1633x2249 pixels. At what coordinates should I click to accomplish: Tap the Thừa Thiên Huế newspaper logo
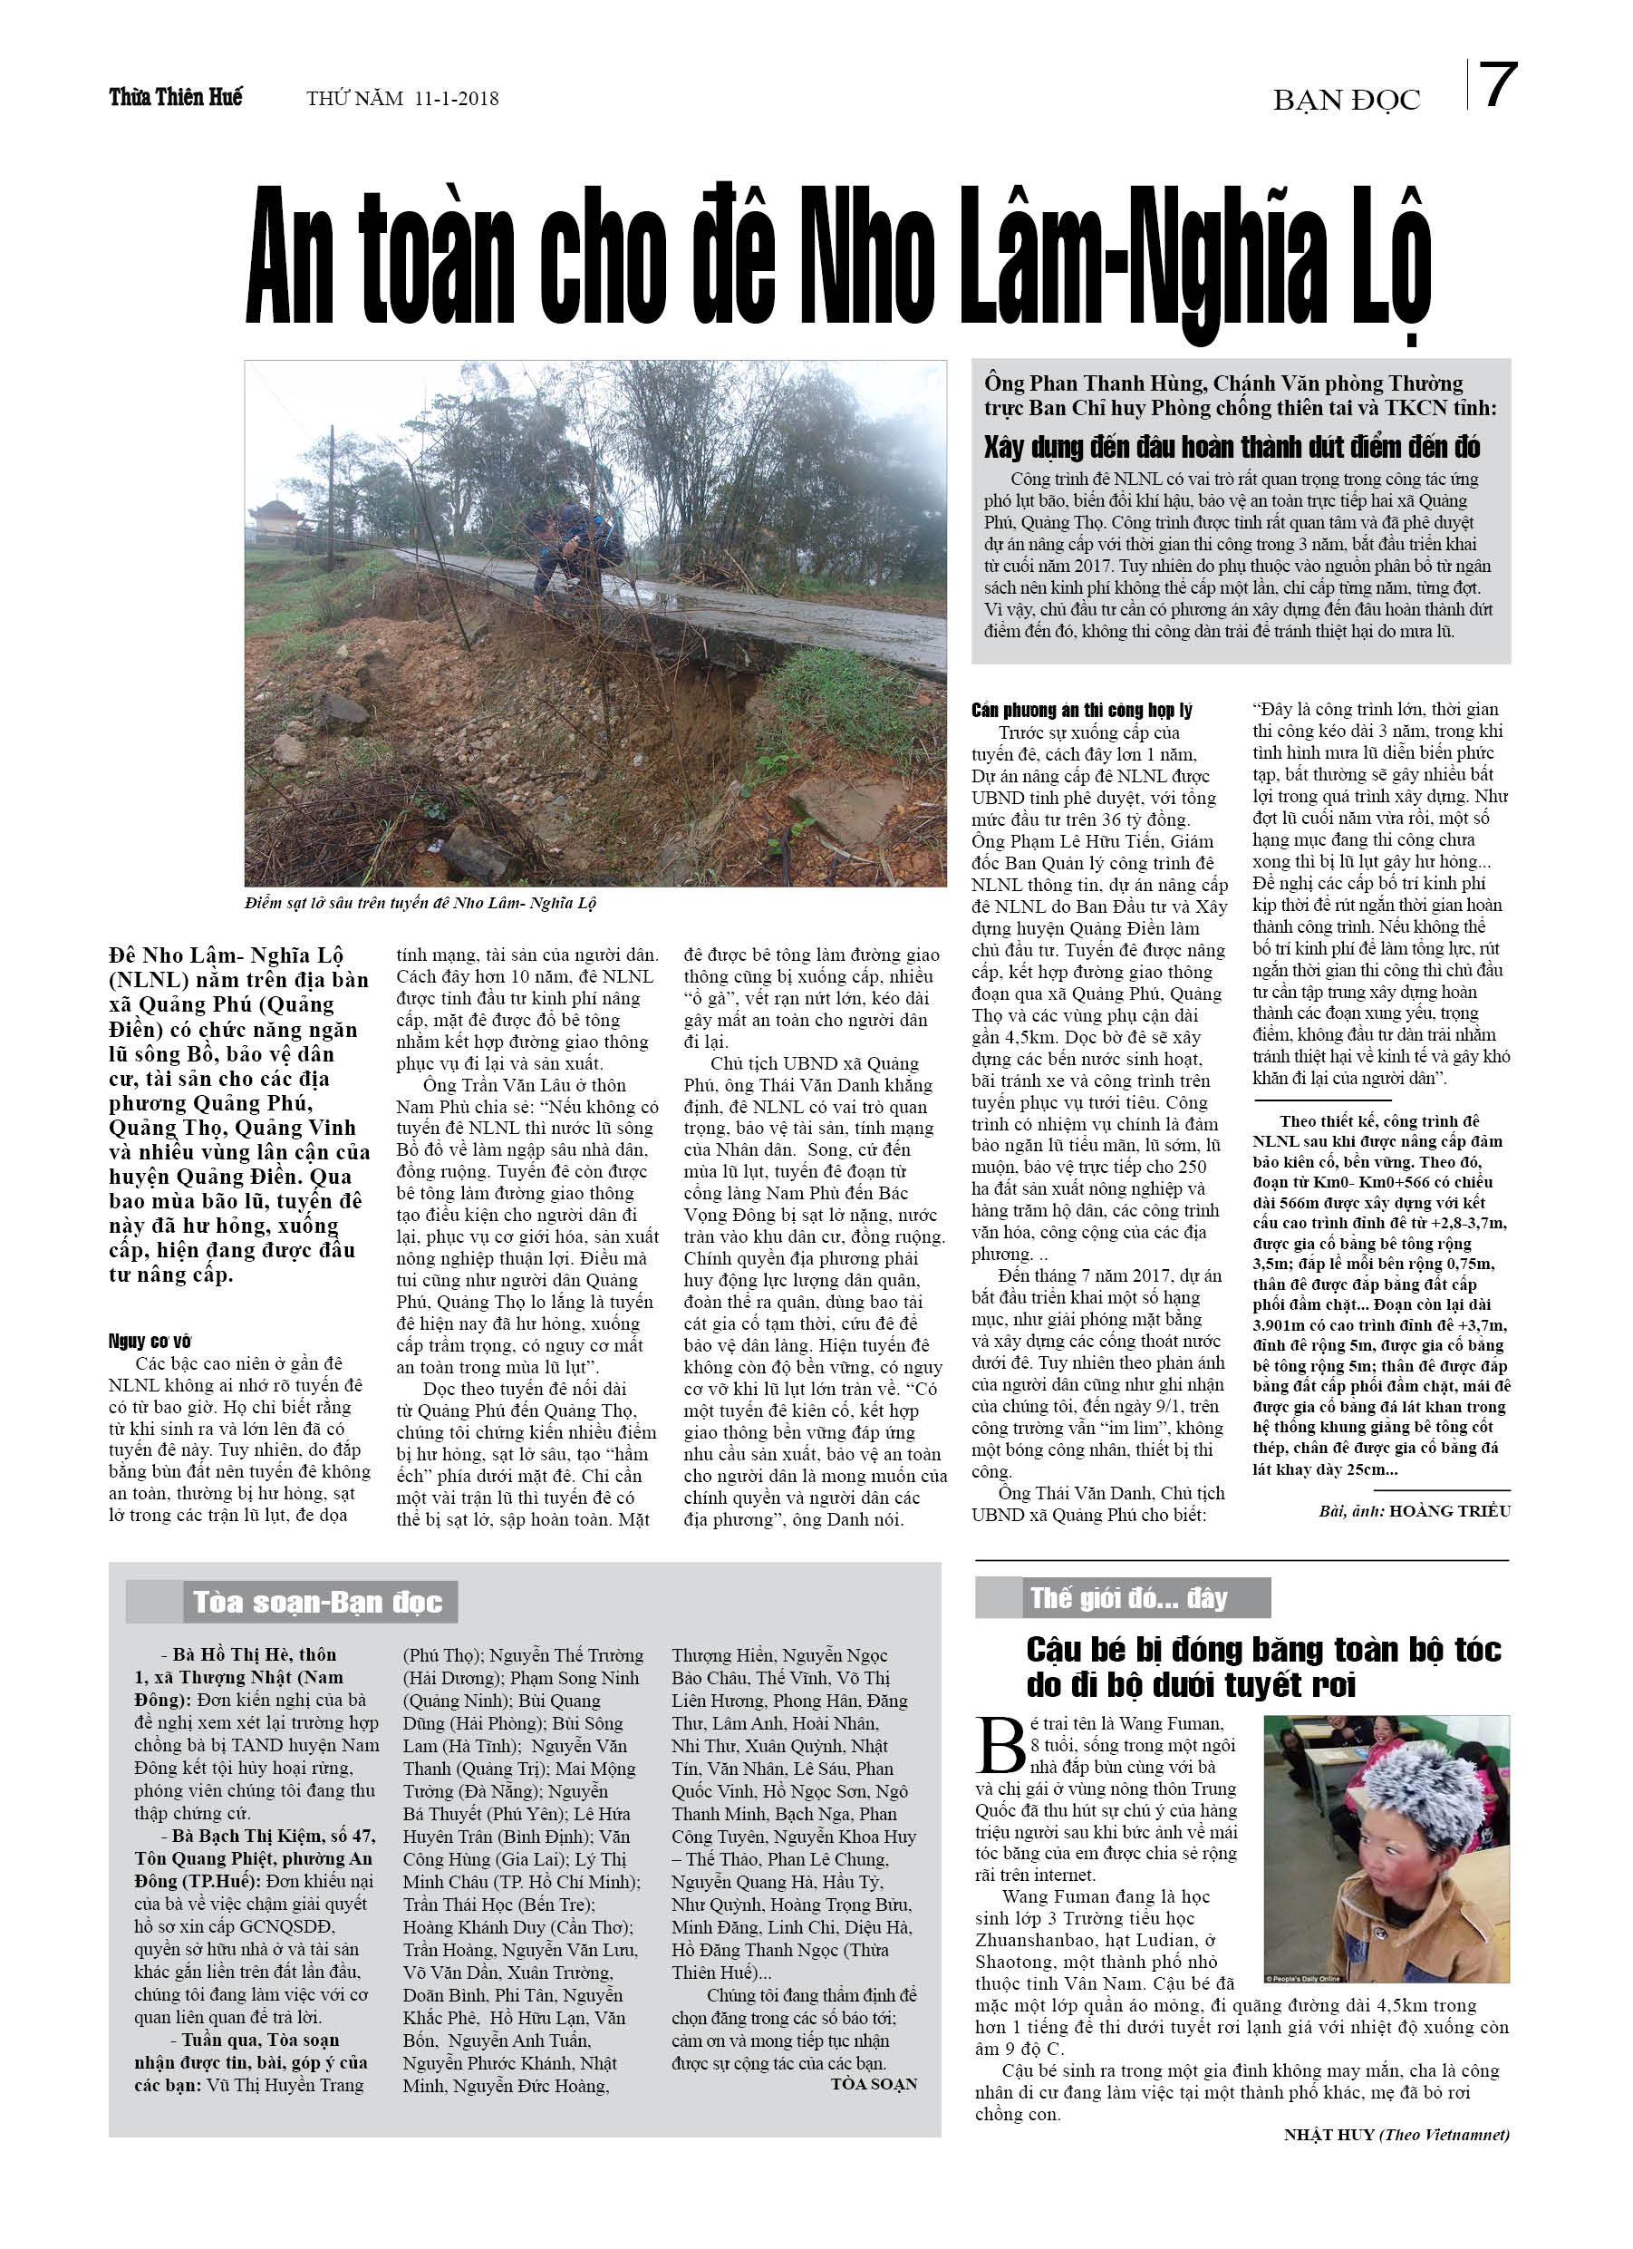pos(176,97)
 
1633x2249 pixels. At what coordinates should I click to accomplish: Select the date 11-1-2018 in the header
pos(457,98)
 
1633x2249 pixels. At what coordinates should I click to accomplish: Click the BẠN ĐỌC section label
pos(1346,100)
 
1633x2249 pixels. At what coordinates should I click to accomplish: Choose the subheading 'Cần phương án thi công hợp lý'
pos(1081,710)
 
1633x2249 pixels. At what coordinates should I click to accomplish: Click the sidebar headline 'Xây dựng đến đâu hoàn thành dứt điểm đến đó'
pos(1232,447)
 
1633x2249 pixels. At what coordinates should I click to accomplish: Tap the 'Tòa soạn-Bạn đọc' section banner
pos(316,1603)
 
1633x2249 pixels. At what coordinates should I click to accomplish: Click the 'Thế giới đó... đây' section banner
pos(1128,1598)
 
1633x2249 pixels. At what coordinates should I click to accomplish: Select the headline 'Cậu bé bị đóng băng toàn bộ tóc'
pos(1263,1650)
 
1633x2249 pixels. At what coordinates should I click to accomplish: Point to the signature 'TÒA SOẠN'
pos(874,2083)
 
